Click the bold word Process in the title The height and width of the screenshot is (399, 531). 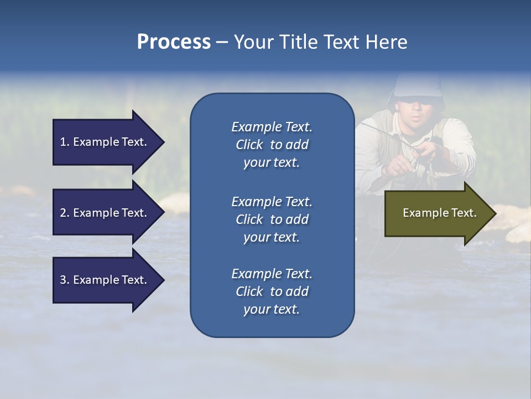pyautogui.click(x=174, y=42)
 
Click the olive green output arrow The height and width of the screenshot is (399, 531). pyautogui.click(x=437, y=213)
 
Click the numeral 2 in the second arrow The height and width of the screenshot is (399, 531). pyautogui.click(x=63, y=213)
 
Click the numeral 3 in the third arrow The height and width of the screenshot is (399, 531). pyautogui.click(x=63, y=280)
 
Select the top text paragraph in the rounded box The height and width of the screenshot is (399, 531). pyautogui.click(x=272, y=145)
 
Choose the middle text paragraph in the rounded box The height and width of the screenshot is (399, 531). pyautogui.click(x=272, y=219)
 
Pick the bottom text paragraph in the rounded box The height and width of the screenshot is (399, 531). pyautogui.click(x=272, y=291)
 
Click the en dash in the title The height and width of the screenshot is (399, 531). pyautogui.click(x=222, y=42)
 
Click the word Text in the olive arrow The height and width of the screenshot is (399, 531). pyautogui.click(x=463, y=213)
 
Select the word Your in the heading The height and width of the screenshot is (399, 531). pyautogui.click(x=252, y=42)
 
